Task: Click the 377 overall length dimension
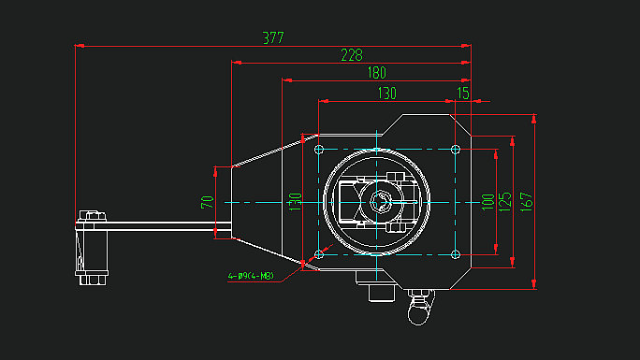[x=272, y=38]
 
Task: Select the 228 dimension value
[x=351, y=55]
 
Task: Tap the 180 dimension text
[x=376, y=73]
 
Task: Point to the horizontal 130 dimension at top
[x=385, y=93]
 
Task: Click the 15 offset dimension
[x=462, y=93]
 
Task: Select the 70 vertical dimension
[x=208, y=201]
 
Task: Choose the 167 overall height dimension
[x=527, y=201]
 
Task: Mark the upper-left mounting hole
[x=319, y=150]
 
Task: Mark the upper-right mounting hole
[x=456, y=150]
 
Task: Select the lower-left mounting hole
[x=319, y=253]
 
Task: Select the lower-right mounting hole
[x=456, y=253]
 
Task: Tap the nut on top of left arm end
[x=91, y=216]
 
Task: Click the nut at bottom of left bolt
[x=92, y=278]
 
